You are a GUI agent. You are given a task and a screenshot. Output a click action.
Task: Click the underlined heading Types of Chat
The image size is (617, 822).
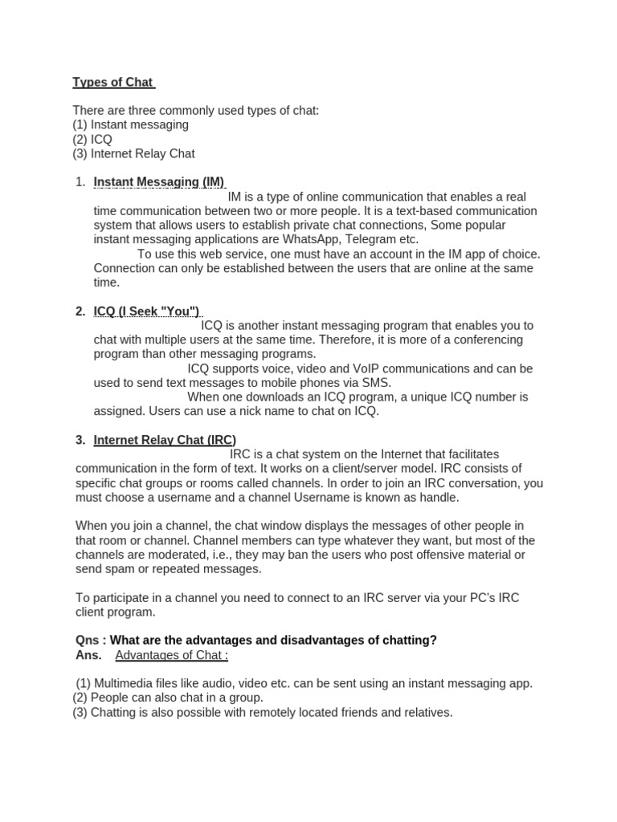tap(112, 82)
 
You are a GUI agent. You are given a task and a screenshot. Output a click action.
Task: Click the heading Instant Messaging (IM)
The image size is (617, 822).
tap(159, 182)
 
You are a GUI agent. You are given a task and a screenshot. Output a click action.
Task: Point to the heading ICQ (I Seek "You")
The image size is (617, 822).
tap(147, 311)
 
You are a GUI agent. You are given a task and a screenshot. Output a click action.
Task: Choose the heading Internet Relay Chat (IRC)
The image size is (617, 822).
tap(165, 440)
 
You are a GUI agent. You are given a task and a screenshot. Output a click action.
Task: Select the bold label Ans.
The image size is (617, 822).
tap(88, 655)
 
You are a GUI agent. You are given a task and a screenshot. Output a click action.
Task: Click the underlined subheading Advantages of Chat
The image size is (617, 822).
tap(171, 655)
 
